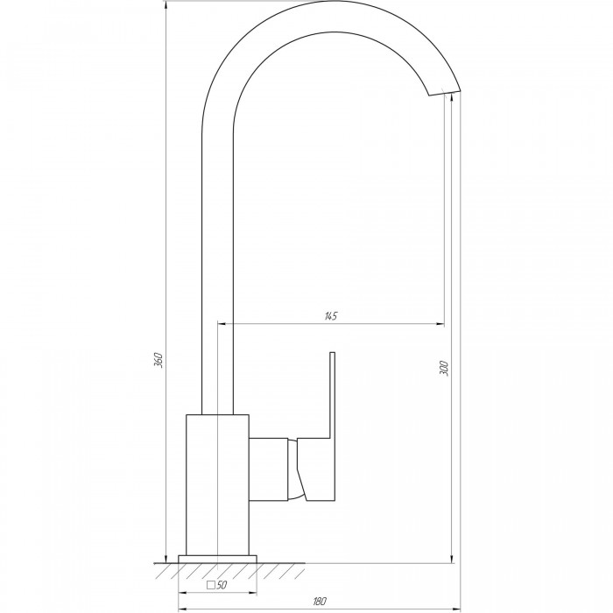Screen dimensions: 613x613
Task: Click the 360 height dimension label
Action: point(158,360)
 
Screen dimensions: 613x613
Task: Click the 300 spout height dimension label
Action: point(444,369)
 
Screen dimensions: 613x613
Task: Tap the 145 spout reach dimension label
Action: point(331,316)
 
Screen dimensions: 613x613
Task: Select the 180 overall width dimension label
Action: point(320,601)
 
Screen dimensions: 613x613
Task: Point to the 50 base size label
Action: point(222,585)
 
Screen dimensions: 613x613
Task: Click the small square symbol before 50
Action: point(211,585)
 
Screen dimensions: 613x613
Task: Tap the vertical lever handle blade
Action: point(333,395)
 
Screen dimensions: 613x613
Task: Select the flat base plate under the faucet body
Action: point(217,559)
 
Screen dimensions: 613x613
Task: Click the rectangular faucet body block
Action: point(217,485)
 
